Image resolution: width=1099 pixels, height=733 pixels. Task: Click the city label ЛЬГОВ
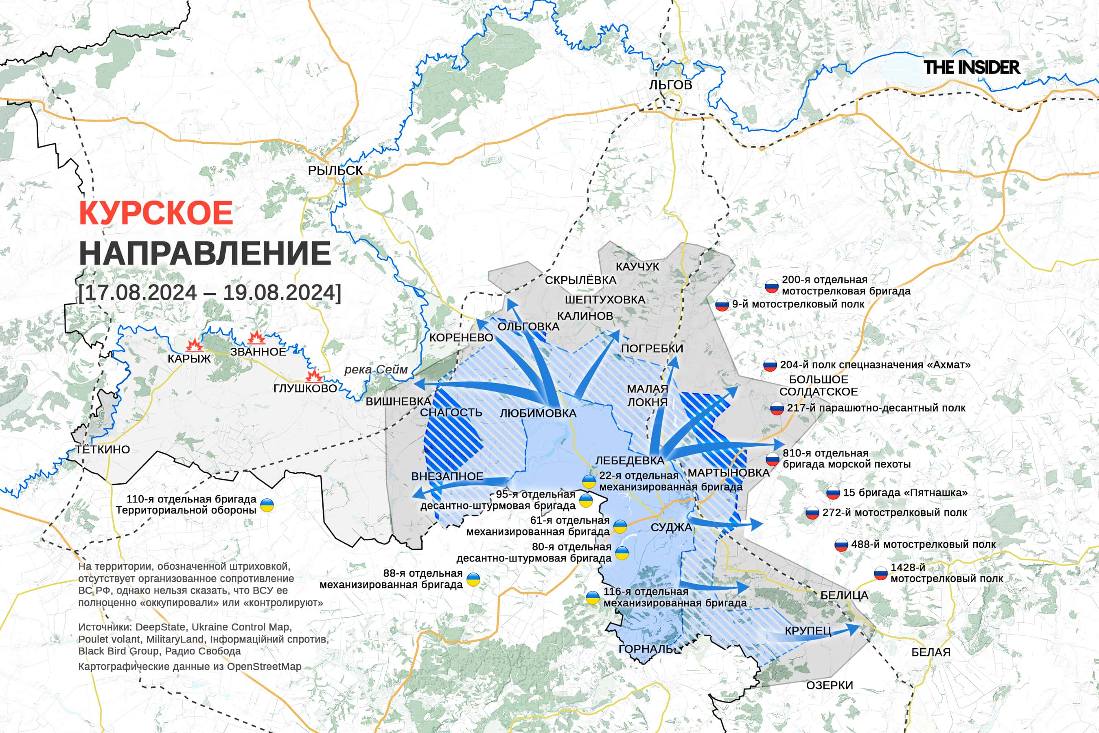click(670, 85)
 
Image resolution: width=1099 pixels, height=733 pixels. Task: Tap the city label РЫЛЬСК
click(335, 171)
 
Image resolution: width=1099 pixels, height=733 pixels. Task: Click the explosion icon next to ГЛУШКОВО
click(314, 376)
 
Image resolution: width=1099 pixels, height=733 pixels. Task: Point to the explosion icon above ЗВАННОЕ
click(256, 338)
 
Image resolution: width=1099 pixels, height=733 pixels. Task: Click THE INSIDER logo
click(972, 67)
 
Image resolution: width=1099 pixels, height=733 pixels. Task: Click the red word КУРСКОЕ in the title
click(156, 213)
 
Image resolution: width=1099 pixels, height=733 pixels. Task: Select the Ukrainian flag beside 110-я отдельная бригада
click(267, 505)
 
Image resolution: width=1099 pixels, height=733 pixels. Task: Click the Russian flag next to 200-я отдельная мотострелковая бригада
click(771, 286)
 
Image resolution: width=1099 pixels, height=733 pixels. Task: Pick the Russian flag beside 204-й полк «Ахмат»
click(770, 365)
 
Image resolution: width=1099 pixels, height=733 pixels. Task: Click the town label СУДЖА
click(671, 527)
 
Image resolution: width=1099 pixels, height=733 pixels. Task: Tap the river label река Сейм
click(376, 370)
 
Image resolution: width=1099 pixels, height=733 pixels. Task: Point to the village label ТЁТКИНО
click(103, 450)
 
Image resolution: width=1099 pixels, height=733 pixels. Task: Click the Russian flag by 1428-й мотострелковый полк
click(880, 574)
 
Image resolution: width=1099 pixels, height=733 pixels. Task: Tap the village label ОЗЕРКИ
click(830, 685)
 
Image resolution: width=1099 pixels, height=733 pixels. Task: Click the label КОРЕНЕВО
click(461, 338)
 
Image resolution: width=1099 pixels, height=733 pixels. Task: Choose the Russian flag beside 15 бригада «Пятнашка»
click(833, 493)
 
